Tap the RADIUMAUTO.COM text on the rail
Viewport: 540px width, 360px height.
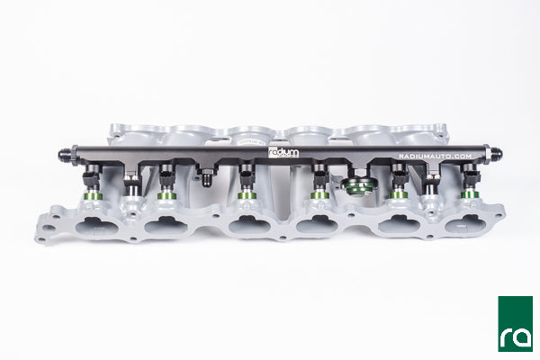click(435, 156)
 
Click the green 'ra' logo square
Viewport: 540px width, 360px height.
click(515, 323)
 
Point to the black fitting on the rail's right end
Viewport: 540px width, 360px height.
click(485, 154)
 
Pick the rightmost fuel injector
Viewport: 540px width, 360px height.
click(470, 183)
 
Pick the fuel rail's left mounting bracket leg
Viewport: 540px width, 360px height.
click(132, 184)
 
